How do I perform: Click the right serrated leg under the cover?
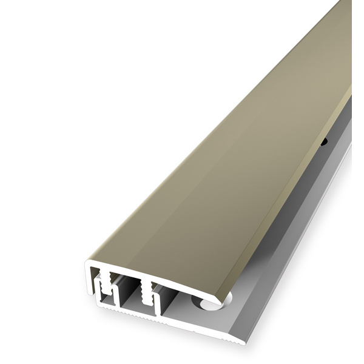pos(145,291)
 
